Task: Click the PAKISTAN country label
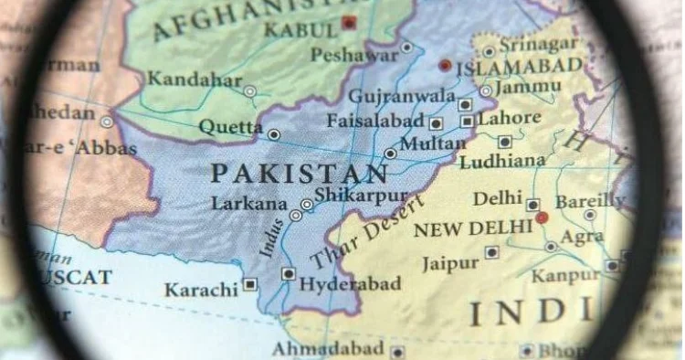[300, 173]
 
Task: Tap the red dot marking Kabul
[349, 23]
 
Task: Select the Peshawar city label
[353, 56]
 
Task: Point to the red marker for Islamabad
[445, 66]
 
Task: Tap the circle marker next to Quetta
[274, 134]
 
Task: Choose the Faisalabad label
[376, 121]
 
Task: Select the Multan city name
[433, 144]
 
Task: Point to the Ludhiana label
[502, 163]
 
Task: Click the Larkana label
[249, 204]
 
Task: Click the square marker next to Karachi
[249, 284]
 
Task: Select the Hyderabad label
[350, 284]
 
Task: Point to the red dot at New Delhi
[542, 217]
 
